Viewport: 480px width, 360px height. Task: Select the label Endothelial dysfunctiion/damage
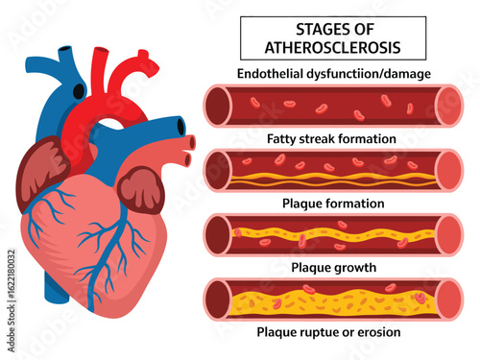coord(333,74)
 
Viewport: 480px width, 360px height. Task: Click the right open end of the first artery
coord(448,106)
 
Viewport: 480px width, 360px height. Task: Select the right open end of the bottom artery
coord(448,300)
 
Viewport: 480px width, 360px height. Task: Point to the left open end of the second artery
coord(216,170)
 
